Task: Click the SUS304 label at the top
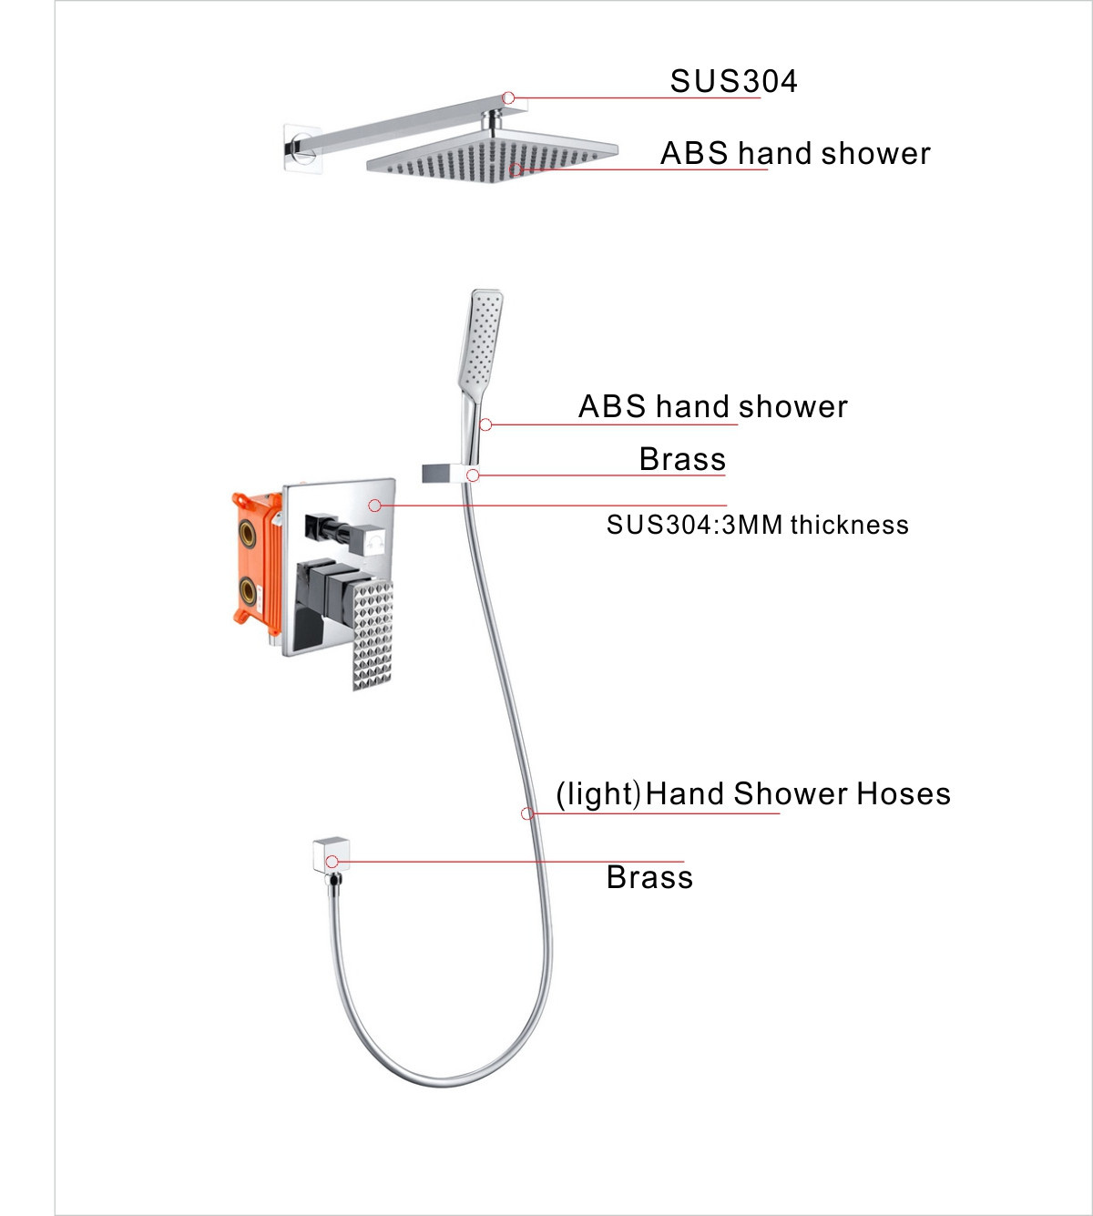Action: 733,81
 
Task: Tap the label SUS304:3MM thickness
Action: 757,525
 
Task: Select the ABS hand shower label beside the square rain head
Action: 795,153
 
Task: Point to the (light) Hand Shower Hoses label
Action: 753,794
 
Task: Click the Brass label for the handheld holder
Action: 682,459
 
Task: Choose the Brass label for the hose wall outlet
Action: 649,877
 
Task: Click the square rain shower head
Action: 492,155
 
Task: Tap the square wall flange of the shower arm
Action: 301,147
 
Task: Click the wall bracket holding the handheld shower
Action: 449,473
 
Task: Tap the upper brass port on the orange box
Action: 248,532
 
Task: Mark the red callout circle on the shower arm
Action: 508,97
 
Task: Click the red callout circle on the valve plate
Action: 374,505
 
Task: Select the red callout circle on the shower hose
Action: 527,813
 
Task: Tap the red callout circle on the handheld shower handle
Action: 485,424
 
